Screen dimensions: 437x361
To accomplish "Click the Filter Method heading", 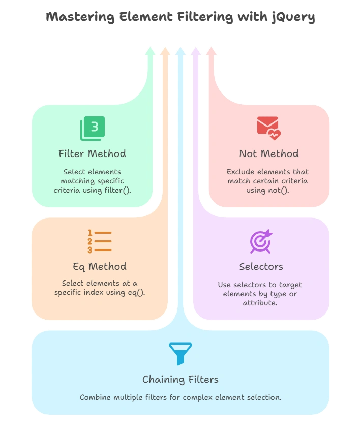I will pos(92,153).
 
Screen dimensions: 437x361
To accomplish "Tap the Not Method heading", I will pos(269,153).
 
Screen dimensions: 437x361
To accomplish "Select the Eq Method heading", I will pos(99,266).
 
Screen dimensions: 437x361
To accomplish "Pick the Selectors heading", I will pos(261,266).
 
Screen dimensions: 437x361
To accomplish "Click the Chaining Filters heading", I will pos(180,379).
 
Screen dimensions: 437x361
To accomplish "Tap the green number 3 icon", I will pos(93,128).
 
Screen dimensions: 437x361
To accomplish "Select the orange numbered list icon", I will pos(99,241).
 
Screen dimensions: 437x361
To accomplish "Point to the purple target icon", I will pos(261,241).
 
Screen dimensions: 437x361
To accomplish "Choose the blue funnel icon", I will pos(180,354).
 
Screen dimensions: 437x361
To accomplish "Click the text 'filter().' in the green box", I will pos(116,190).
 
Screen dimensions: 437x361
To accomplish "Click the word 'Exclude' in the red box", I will pos(240,172).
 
